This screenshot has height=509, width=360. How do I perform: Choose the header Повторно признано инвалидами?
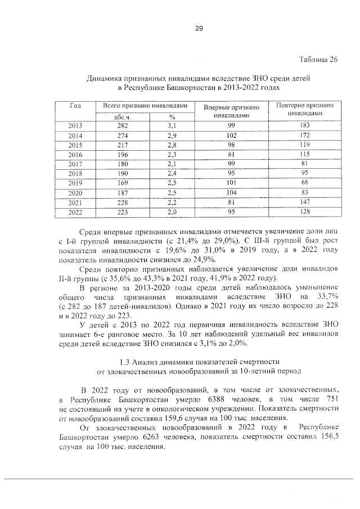pos(305,109)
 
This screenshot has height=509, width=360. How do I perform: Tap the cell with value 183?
pos(305,125)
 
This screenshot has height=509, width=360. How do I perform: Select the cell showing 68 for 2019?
pos(305,183)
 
